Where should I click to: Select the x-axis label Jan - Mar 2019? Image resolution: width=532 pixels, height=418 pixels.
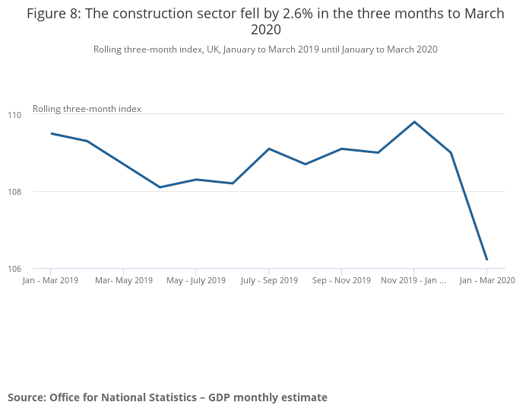[x=51, y=280]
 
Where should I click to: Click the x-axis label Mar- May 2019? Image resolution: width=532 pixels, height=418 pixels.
[x=124, y=280]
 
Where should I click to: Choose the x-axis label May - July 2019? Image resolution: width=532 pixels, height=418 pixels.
[x=195, y=280]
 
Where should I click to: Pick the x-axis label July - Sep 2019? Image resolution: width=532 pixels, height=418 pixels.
[x=269, y=280]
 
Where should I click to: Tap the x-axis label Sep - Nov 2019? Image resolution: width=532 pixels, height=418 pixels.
[x=341, y=280]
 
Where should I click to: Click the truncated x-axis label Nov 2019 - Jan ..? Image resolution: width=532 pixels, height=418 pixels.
[x=413, y=280]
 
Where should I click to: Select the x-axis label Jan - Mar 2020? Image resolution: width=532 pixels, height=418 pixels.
[x=486, y=280]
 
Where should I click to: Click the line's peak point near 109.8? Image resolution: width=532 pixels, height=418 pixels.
[x=414, y=122]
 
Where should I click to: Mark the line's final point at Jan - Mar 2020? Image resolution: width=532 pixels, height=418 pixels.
[x=486, y=260]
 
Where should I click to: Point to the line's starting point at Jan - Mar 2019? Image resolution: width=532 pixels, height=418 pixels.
[x=51, y=133]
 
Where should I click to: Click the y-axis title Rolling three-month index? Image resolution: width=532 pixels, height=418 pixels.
[x=87, y=109]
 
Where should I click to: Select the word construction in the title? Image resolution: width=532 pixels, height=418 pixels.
[x=150, y=14]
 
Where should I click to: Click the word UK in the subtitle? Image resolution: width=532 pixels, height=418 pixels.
[x=214, y=49]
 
